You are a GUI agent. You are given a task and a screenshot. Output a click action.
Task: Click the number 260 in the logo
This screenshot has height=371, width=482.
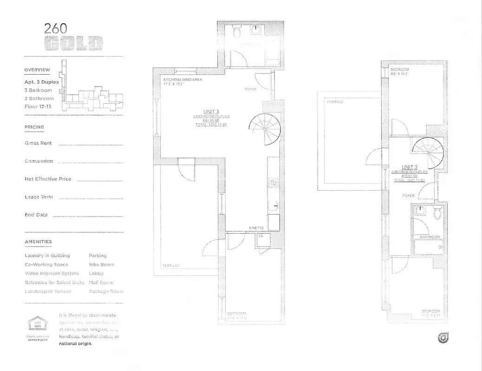click(x=56, y=28)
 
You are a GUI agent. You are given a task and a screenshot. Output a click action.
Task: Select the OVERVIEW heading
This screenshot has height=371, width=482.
click(x=37, y=70)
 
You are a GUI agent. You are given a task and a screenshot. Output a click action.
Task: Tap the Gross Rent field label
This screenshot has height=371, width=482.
click(x=38, y=143)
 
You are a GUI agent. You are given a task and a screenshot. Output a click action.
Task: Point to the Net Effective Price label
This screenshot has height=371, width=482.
click(x=48, y=179)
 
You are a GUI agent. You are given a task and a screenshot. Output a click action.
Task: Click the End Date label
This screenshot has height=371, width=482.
click(x=36, y=215)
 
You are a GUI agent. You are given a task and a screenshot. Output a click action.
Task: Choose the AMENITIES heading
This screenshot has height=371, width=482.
click(x=38, y=242)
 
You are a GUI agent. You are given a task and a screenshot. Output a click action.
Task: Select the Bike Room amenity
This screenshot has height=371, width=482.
click(x=101, y=264)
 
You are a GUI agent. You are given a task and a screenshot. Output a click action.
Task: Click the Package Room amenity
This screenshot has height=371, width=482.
click(x=106, y=291)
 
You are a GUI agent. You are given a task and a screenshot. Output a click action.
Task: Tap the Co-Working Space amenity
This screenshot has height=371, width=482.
click(x=46, y=264)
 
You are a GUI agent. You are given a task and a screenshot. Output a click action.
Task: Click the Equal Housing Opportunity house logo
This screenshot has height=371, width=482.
click(x=35, y=324)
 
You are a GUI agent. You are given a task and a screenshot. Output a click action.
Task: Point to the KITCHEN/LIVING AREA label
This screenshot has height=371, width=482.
click(x=182, y=80)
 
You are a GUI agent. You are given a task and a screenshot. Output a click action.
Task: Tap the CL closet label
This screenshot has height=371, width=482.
click(x=261, y=236)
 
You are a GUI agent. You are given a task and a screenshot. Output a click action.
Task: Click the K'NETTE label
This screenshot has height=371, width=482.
click(x=256, y=228)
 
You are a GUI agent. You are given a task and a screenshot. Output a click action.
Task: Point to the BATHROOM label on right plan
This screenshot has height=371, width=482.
click(x=430, y=237)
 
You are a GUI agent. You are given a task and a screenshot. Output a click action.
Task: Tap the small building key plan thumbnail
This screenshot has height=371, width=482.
click(x=93, y=93)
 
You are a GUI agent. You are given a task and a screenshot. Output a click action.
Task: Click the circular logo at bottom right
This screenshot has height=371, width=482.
click(x=443, y=339)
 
